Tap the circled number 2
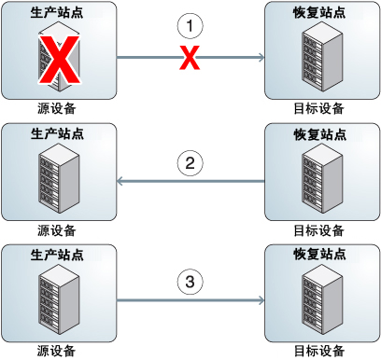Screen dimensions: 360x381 tap(190, 164)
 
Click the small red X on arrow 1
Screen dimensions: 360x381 tap(190, 60)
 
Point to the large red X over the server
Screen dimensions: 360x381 tap(59, 62)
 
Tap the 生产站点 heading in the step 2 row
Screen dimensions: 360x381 tap(59, 133)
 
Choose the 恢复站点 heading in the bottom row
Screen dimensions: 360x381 tap(322, 254)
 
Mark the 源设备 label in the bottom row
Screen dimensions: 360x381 tap(58, 351)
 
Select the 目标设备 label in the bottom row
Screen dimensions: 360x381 tap(322, 351)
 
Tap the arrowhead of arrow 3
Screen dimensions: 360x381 tap(261, 300)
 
